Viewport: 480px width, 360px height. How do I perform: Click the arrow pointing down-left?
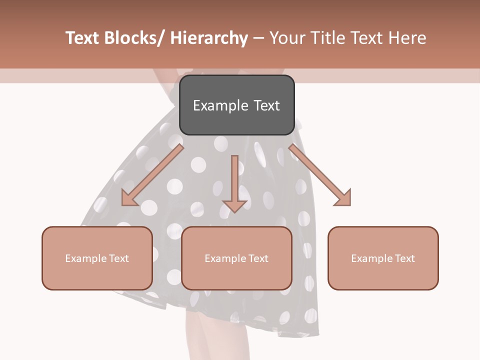pos(152,175)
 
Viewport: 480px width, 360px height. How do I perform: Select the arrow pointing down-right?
pos(320,175)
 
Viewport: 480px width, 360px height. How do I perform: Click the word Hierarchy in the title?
pos(209,38)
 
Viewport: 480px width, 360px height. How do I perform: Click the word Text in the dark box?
pos(266,105)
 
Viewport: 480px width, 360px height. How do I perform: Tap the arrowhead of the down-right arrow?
pos(344,199)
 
